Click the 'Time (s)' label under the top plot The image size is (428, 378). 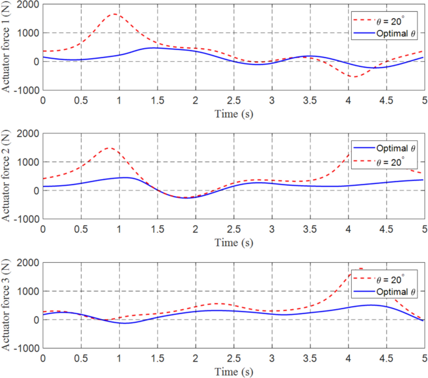[x=233, y=114]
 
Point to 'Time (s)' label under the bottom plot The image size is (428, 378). [x=233, y=372]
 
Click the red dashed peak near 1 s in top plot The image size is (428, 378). [x=116, y=14]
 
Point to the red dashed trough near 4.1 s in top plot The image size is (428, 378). [x=354, y=77]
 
